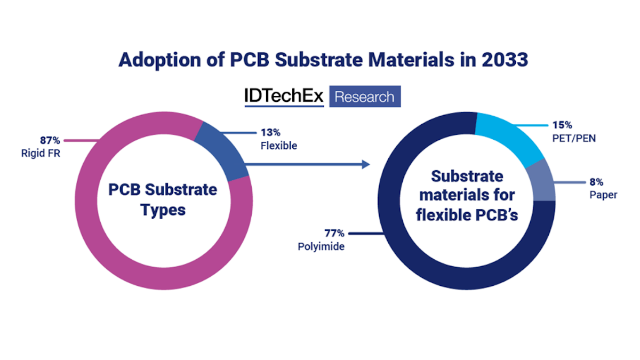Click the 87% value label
[51, 140]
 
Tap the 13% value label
[269, 132]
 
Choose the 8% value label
[596, 182]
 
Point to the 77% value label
[335, 233]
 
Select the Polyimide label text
[322, 246]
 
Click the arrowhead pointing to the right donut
[366, 164]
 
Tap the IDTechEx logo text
[284, 97]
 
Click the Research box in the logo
[365, 97]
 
